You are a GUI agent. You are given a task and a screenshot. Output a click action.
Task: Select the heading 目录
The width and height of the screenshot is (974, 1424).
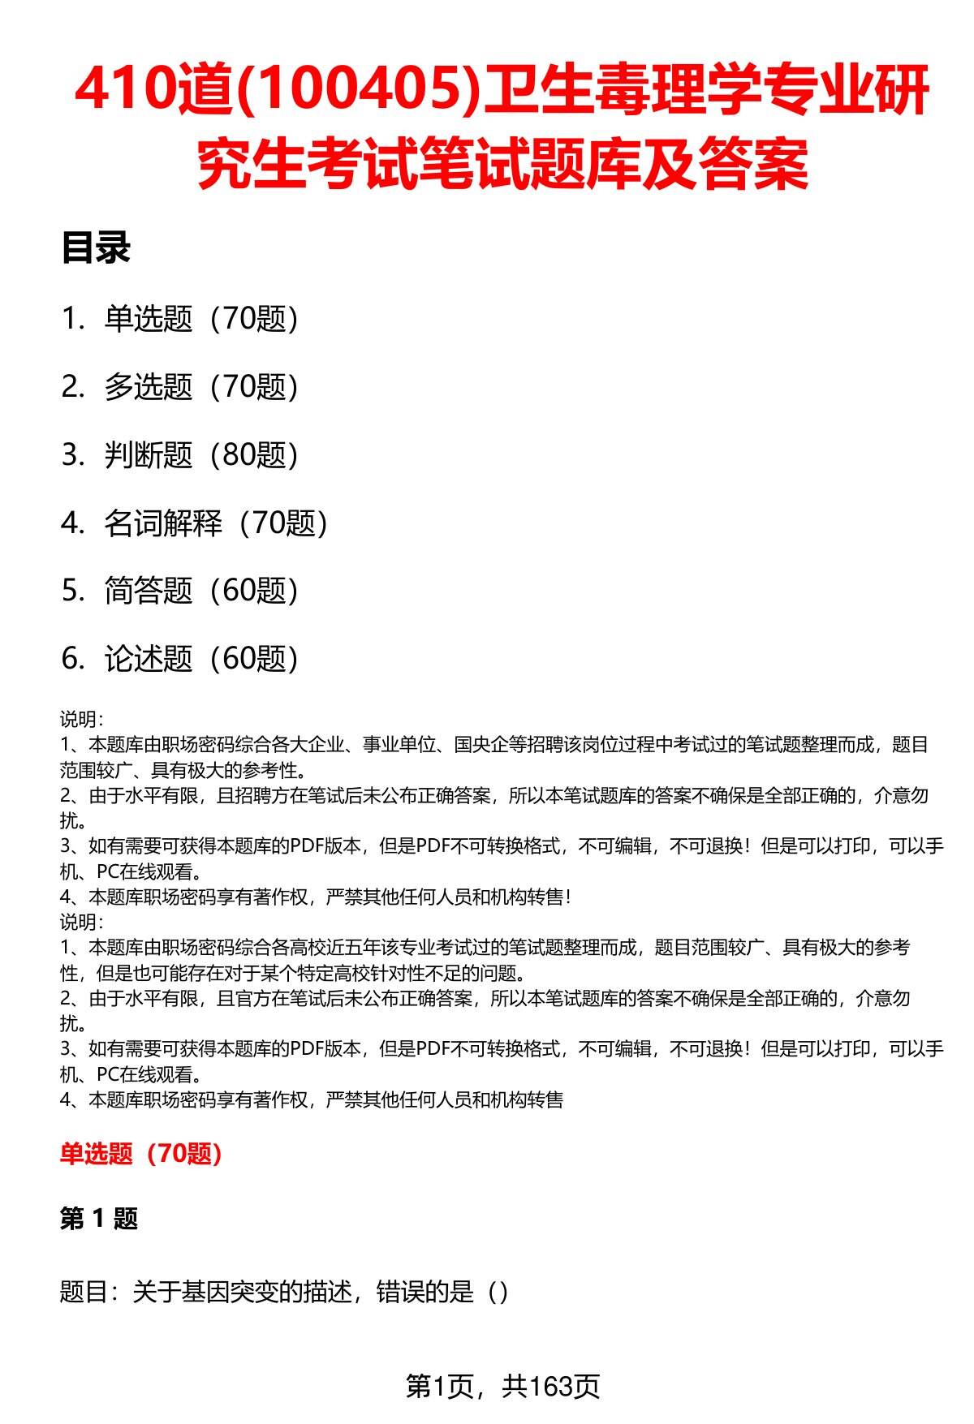pos(96,248)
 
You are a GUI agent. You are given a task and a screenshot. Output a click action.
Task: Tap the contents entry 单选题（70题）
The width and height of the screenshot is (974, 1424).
pos(200,319)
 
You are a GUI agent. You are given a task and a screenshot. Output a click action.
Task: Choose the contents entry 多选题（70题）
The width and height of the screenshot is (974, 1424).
pos(200,387)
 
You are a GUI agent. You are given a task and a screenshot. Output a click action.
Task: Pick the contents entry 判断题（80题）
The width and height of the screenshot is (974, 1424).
pos(200,455)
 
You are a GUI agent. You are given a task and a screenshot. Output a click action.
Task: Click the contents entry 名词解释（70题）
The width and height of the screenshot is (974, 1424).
pos(215,523)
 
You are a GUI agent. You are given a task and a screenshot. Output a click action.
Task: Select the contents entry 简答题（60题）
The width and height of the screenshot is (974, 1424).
pos(200,591)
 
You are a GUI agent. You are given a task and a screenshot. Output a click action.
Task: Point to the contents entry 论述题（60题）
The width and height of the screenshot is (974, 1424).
pos(200,659)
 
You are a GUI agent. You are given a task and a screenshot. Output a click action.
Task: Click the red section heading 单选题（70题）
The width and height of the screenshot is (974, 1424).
pos(141,1153)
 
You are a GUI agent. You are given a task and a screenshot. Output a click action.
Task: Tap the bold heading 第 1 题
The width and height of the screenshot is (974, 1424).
pos(99,1218)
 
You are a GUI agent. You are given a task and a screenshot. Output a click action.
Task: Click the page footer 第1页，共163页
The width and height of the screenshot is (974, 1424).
pos(502,1386)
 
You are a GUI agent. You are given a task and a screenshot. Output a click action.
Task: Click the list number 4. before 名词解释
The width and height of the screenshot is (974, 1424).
pos(72,523)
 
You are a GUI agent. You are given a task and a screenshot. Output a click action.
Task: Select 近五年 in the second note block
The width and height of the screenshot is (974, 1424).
pos(337,948)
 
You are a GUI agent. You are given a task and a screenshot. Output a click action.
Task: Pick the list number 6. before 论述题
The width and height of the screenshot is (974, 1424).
pos(72,659)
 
